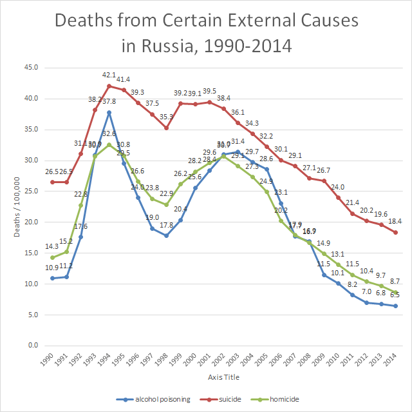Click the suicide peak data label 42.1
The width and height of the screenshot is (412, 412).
pos(109,75)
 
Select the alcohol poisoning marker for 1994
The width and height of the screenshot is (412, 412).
pos(109,112)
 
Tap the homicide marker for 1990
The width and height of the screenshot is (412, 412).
pos(52,257)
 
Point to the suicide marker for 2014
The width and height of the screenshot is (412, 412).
pos(395,232)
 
